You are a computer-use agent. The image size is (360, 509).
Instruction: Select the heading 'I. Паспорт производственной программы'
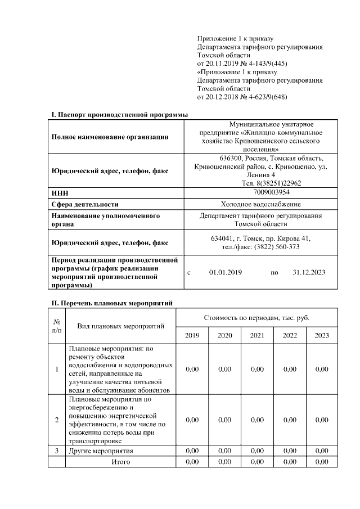click(119, 115)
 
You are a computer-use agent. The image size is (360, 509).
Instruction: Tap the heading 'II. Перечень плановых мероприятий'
click(112, 303)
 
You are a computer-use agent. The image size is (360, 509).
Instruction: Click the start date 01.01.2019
click(225, 273)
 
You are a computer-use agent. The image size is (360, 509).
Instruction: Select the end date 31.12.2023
click(309, 273)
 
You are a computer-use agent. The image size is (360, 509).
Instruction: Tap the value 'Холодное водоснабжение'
click(260, 204)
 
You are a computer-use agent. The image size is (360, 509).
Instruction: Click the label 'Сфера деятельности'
click(85, 204)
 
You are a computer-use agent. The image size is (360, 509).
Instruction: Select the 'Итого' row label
click(121, 462)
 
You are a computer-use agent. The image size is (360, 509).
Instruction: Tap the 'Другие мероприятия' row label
click(101, 451)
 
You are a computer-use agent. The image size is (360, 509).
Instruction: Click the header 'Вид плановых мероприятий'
click(120, 326)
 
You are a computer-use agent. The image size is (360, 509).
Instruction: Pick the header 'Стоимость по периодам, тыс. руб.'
click(256, 318)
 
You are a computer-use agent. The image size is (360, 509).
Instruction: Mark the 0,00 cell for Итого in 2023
click(322, 462)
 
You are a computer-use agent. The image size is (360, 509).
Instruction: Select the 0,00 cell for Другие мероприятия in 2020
click(224, 451)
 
